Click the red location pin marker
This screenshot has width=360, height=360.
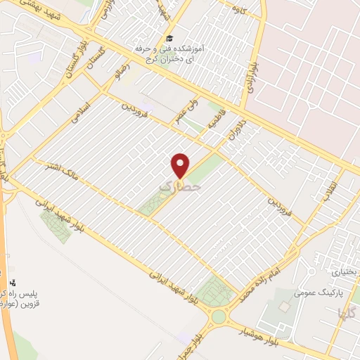point(181,165)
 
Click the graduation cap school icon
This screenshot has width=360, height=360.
point(169,39)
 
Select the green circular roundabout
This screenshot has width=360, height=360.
point(219,316)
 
